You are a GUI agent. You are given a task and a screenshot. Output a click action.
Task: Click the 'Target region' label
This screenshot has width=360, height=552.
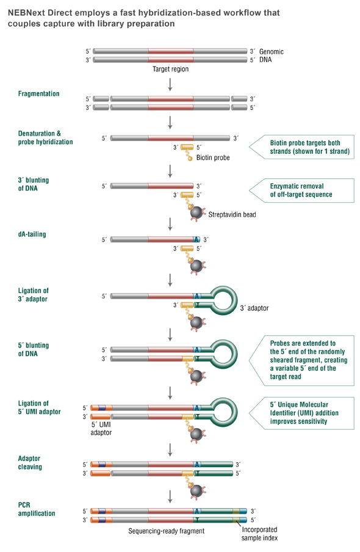tap(170, 69)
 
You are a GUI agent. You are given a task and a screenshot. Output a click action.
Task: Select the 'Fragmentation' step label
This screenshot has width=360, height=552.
tap(38, 93)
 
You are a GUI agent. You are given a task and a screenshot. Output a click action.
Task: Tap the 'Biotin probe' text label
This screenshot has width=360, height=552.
tap(213, 158)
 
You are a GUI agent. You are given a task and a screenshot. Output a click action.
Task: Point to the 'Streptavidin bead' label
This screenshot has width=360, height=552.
tap(232, 214)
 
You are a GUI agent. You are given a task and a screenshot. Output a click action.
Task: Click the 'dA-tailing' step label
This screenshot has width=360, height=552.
tap(32, 234)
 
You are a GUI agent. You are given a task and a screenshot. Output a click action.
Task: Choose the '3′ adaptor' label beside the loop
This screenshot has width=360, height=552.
tap(254, 308)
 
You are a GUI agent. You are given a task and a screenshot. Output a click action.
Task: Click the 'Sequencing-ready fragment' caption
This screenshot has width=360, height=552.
tap(166, 531)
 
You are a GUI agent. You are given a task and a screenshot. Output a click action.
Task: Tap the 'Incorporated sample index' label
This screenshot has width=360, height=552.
tap(259, 534)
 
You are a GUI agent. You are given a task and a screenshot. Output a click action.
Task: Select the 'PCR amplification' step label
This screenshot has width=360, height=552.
tap(37, 509)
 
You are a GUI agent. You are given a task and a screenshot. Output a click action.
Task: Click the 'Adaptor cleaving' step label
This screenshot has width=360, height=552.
tap(30, 463)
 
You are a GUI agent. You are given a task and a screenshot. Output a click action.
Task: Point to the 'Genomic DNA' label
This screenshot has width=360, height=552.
tap(272, 56)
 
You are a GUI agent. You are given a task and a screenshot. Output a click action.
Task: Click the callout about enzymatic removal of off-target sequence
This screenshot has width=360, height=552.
tap(301, 190)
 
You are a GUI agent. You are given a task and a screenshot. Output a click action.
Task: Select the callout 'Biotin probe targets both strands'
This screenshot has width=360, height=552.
tap(301, 147)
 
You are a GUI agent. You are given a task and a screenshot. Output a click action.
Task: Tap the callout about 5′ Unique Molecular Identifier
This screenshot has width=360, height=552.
tap(301, 413)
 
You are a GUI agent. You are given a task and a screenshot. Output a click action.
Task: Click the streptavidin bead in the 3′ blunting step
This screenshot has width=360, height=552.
tap(196, 212)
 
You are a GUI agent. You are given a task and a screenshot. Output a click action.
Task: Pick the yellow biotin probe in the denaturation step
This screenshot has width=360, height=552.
tap(187, 147)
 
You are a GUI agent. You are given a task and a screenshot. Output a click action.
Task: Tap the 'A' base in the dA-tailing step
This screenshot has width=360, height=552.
tap(196, 239)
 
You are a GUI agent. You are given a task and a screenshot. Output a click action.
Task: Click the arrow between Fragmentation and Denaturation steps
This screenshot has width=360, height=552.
tap(170, 122)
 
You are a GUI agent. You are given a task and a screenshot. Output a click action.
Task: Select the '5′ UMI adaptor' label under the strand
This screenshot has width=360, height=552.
tap(101, 429)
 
